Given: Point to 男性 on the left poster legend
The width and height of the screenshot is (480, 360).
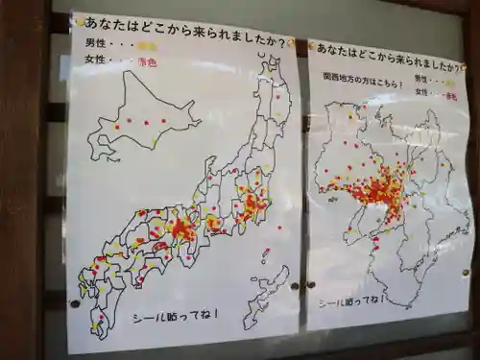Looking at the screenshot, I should (x=97, y=45).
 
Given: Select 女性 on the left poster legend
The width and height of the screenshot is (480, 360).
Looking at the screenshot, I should (x=97, y=62).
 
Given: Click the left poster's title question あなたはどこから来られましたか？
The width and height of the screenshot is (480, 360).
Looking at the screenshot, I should (x=182, y=26).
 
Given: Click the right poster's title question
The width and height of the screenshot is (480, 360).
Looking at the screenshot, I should (x=389, y=48).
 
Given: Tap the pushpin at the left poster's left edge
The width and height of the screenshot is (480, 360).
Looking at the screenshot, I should (x=75, y=303).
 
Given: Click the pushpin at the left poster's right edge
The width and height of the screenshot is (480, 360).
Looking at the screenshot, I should (x=298, y=285).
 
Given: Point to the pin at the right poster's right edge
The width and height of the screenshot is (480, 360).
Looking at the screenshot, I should (x=467, y=273).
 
